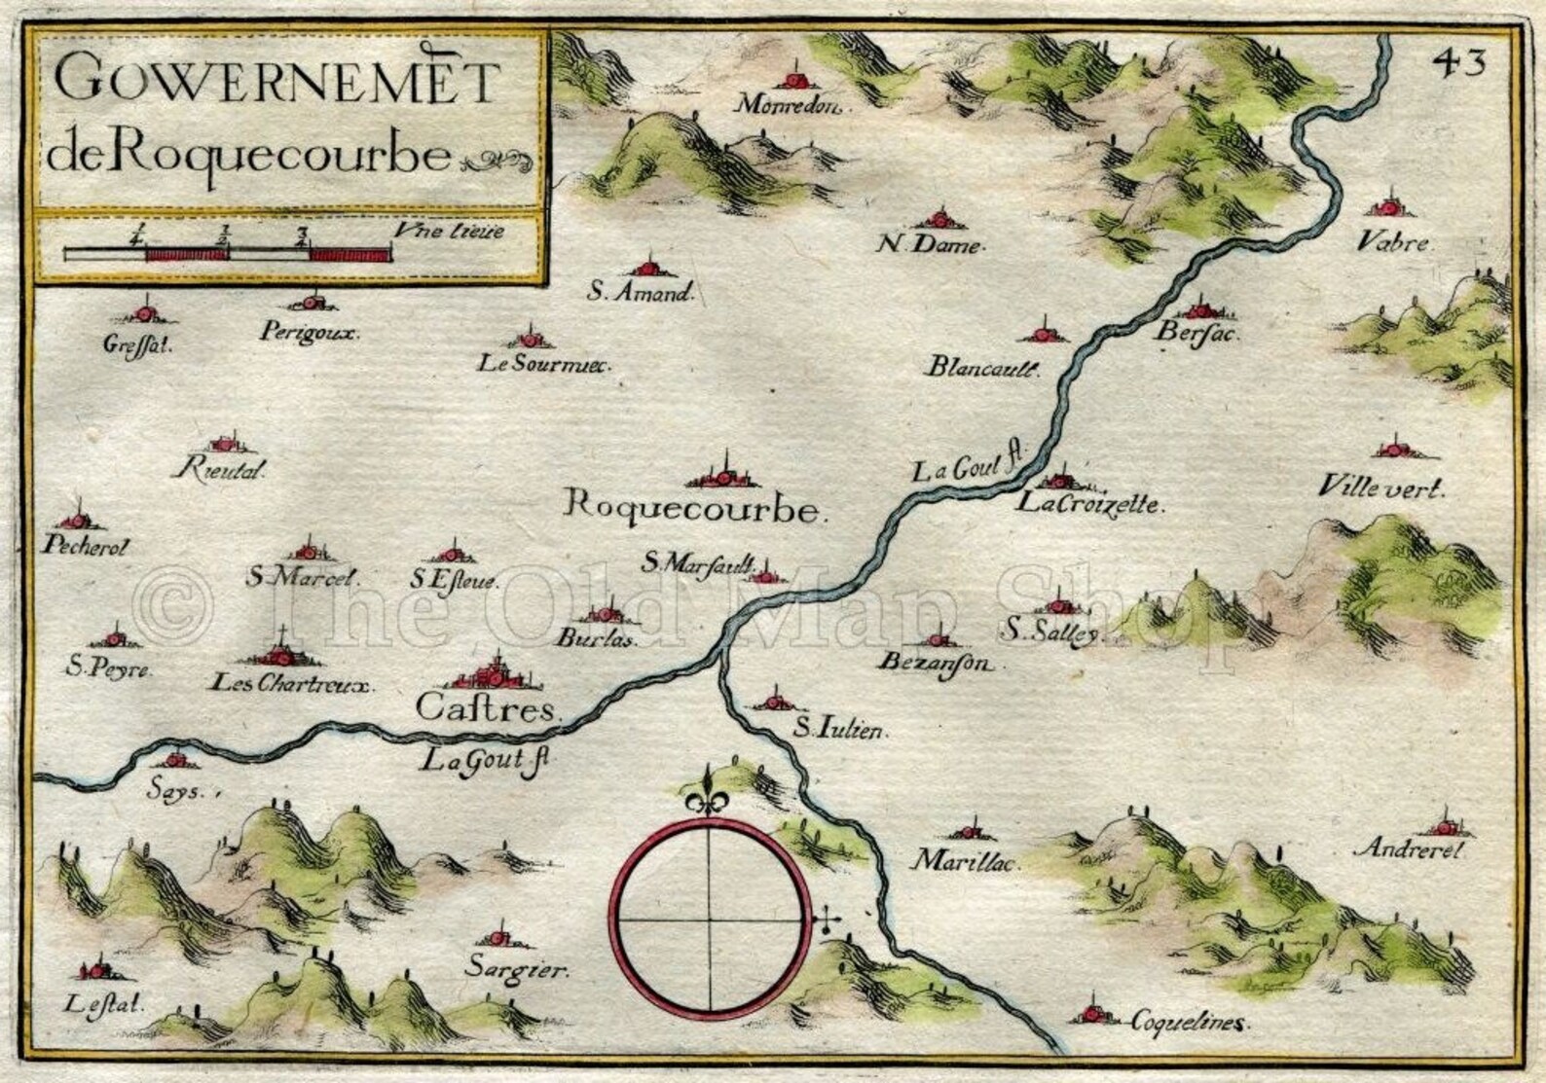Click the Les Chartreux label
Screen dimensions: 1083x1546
click(x=292, y=684)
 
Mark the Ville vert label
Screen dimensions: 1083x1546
click(x=1380, y=488)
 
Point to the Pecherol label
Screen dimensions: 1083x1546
click(x=87, y=547)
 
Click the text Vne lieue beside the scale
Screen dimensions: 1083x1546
click(x=450, y=232)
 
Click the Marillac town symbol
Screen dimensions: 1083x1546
click(x=968, y=831)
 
